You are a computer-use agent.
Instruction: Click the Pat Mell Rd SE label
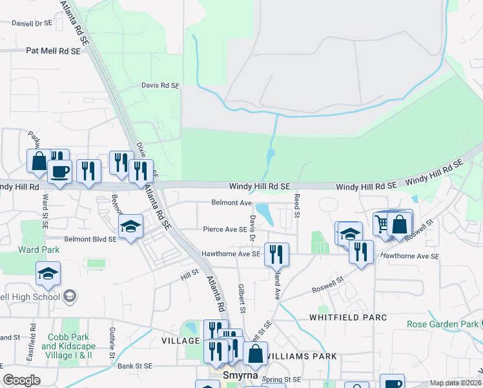[x=53, y=50]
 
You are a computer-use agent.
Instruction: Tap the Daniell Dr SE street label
[x=32, y=23]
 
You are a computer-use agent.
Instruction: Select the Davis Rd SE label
[x=159, y=85]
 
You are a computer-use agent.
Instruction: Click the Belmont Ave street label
[x=231, y=202]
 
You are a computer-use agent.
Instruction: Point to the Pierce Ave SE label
[x=225, y=229]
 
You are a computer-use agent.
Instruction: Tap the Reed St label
[x=298, y=205]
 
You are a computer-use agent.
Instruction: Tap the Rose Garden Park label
[x=443, y=324]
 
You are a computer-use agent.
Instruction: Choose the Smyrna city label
[x=240, y=375]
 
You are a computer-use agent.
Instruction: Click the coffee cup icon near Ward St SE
[x=60, y=172]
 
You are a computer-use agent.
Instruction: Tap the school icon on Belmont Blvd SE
[x=130, y=226]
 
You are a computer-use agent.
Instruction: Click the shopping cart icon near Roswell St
[x=382, y=223]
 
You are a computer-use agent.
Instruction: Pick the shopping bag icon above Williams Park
[x=255, y=354]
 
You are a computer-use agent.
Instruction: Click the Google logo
[x=21, y=380]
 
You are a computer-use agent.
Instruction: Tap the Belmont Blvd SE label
[x=90, y=239]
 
